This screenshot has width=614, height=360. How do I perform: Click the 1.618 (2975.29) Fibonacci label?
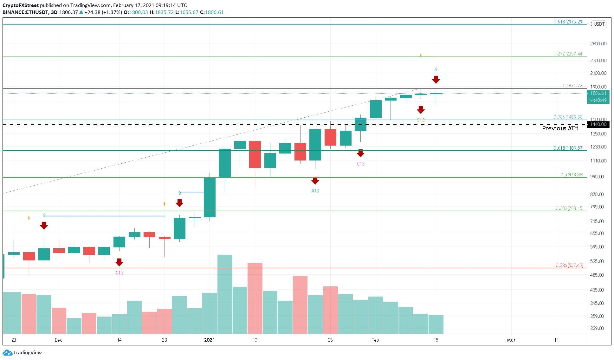click(568, 22)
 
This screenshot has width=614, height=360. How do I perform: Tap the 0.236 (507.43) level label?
click(569, 265)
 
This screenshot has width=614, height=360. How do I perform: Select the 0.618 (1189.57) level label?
click(568, 148)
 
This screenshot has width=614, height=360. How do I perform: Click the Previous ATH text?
click(560, 128)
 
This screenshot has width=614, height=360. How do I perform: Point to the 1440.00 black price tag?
click(598, 124)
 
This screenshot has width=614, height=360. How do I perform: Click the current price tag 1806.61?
click(598, 93)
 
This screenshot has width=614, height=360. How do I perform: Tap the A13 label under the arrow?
click(315, 191)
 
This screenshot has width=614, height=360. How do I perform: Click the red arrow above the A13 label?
click(315, 180)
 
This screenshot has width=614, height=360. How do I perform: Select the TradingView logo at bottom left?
click(22, 352)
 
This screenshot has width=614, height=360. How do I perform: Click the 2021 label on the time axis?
click(209, 340)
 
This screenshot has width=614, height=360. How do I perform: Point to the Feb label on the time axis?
click(375, 340)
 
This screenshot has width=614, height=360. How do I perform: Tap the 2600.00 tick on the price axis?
click(598, 43)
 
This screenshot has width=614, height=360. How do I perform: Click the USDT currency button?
click(599, 24)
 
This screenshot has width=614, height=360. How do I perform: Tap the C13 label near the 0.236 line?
click(119, 273)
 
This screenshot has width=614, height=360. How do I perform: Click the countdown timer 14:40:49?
click(598, 100)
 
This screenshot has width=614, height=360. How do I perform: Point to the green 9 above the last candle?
click(436, 69)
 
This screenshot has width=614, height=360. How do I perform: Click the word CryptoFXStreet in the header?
click(21, 5)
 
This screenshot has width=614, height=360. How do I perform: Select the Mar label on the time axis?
click(511, 340)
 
